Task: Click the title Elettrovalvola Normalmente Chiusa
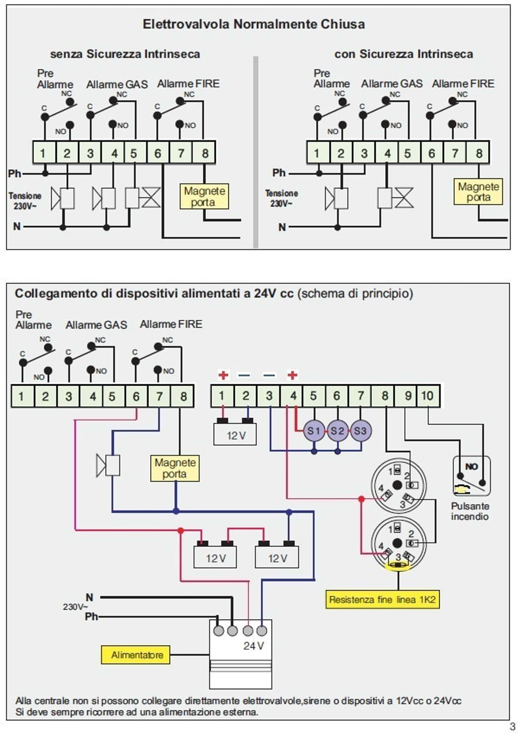[x=253, y=24]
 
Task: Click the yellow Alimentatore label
[x=136, y=655]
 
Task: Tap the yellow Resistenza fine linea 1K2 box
[x=382, y=599]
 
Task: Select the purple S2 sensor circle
[x=337, y=431]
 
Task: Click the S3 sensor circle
[x=360, y=431]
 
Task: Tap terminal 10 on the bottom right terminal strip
[x=427, y=396]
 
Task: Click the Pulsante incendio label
[x=469, y=511]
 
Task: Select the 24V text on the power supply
[x=253, y=646]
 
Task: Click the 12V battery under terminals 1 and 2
[x=235, y=435]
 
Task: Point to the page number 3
[x=512, y=727]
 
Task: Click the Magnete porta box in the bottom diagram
[x=175, y=468]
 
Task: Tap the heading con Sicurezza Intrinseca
[x=404, y=54]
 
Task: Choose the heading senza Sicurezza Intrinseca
[x=125, y=54]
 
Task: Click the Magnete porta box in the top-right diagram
[x=478, y=192]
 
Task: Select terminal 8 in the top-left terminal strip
[x=205, y=153]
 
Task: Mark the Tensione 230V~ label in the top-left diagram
[x=25, y=200]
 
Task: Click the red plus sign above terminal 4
[x=293, y=375]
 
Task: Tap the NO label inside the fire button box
[x=471, y=466]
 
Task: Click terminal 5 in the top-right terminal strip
[x=408, y=153]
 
